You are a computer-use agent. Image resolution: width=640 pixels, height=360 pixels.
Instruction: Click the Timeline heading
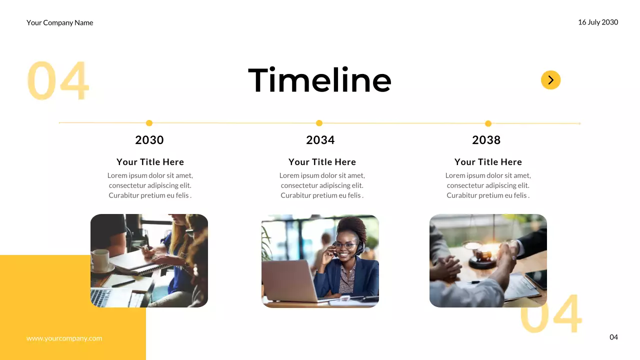[319, 80]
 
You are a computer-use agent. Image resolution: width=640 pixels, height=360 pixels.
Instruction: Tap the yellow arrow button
[550, 80]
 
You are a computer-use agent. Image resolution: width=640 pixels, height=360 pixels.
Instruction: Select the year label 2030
[149, 140]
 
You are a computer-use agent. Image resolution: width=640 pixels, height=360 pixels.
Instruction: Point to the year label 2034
[320, 140]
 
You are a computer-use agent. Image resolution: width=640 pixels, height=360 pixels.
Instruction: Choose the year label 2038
[486, 140]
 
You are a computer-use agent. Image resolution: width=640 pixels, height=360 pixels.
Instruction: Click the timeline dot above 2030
[149, 123]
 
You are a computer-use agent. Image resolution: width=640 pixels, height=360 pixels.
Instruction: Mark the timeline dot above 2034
[319, 123]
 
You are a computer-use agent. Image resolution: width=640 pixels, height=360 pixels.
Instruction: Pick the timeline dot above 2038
[488, 123]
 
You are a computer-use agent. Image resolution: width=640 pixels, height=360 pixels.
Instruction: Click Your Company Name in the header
[60, 22]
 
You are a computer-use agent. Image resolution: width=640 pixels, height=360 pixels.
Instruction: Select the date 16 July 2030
[598, 22]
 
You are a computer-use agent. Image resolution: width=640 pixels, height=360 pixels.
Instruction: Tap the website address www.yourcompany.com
[64, 338]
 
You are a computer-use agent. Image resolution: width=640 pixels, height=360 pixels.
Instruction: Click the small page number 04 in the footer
[613, 337]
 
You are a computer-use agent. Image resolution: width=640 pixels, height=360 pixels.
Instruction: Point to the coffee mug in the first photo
[100, 260]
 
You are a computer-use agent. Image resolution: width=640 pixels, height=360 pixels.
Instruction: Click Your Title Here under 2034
[322, 162]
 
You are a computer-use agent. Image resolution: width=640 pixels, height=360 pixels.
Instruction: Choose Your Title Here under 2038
[488, 162]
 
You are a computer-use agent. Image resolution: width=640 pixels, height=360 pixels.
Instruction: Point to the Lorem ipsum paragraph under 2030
[150, 185]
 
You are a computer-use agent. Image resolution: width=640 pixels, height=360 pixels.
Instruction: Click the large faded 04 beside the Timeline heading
[57, 81]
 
